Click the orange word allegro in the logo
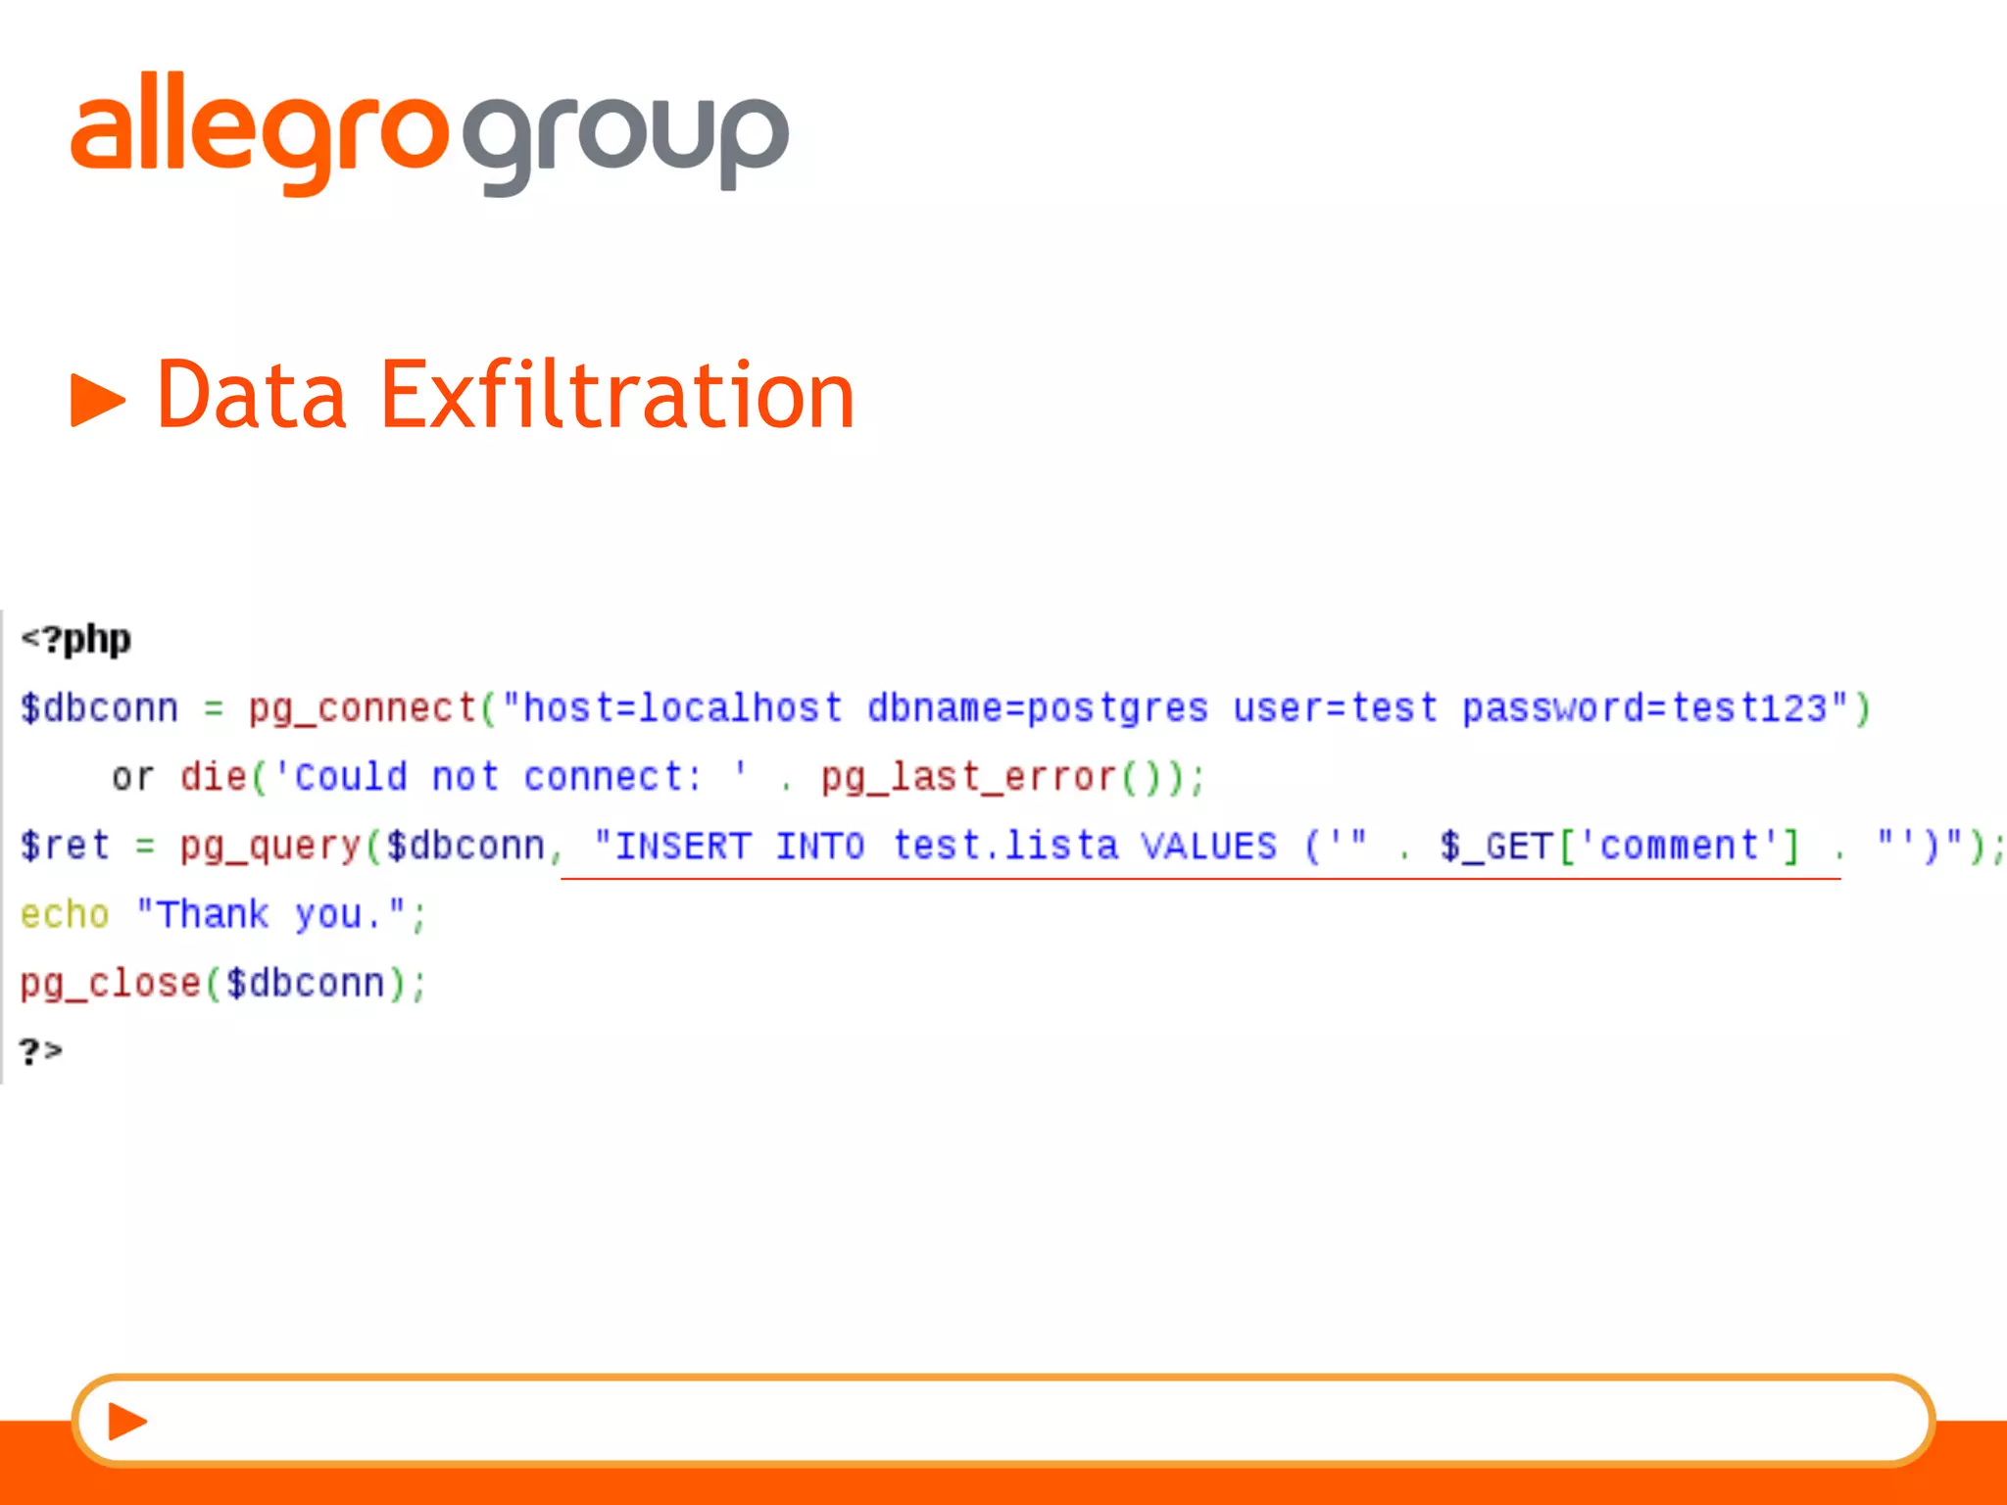[260, 132]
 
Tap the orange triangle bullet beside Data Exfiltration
[98, 400]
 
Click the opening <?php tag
[76, 640]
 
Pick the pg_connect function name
[362, 708]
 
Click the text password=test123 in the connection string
[1644, 708]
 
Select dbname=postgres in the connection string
[1037, 708]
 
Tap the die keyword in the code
[213, 777]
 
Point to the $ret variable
[65, 846]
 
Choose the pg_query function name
[270, 846]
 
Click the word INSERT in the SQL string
[682, 846]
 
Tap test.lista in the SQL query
[1004, 846]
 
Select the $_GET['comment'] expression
[1619, 846]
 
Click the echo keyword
[65, 914]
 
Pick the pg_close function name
[110, 983]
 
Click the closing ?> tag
[41, 1051]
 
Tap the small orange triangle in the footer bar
[126, 1421]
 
